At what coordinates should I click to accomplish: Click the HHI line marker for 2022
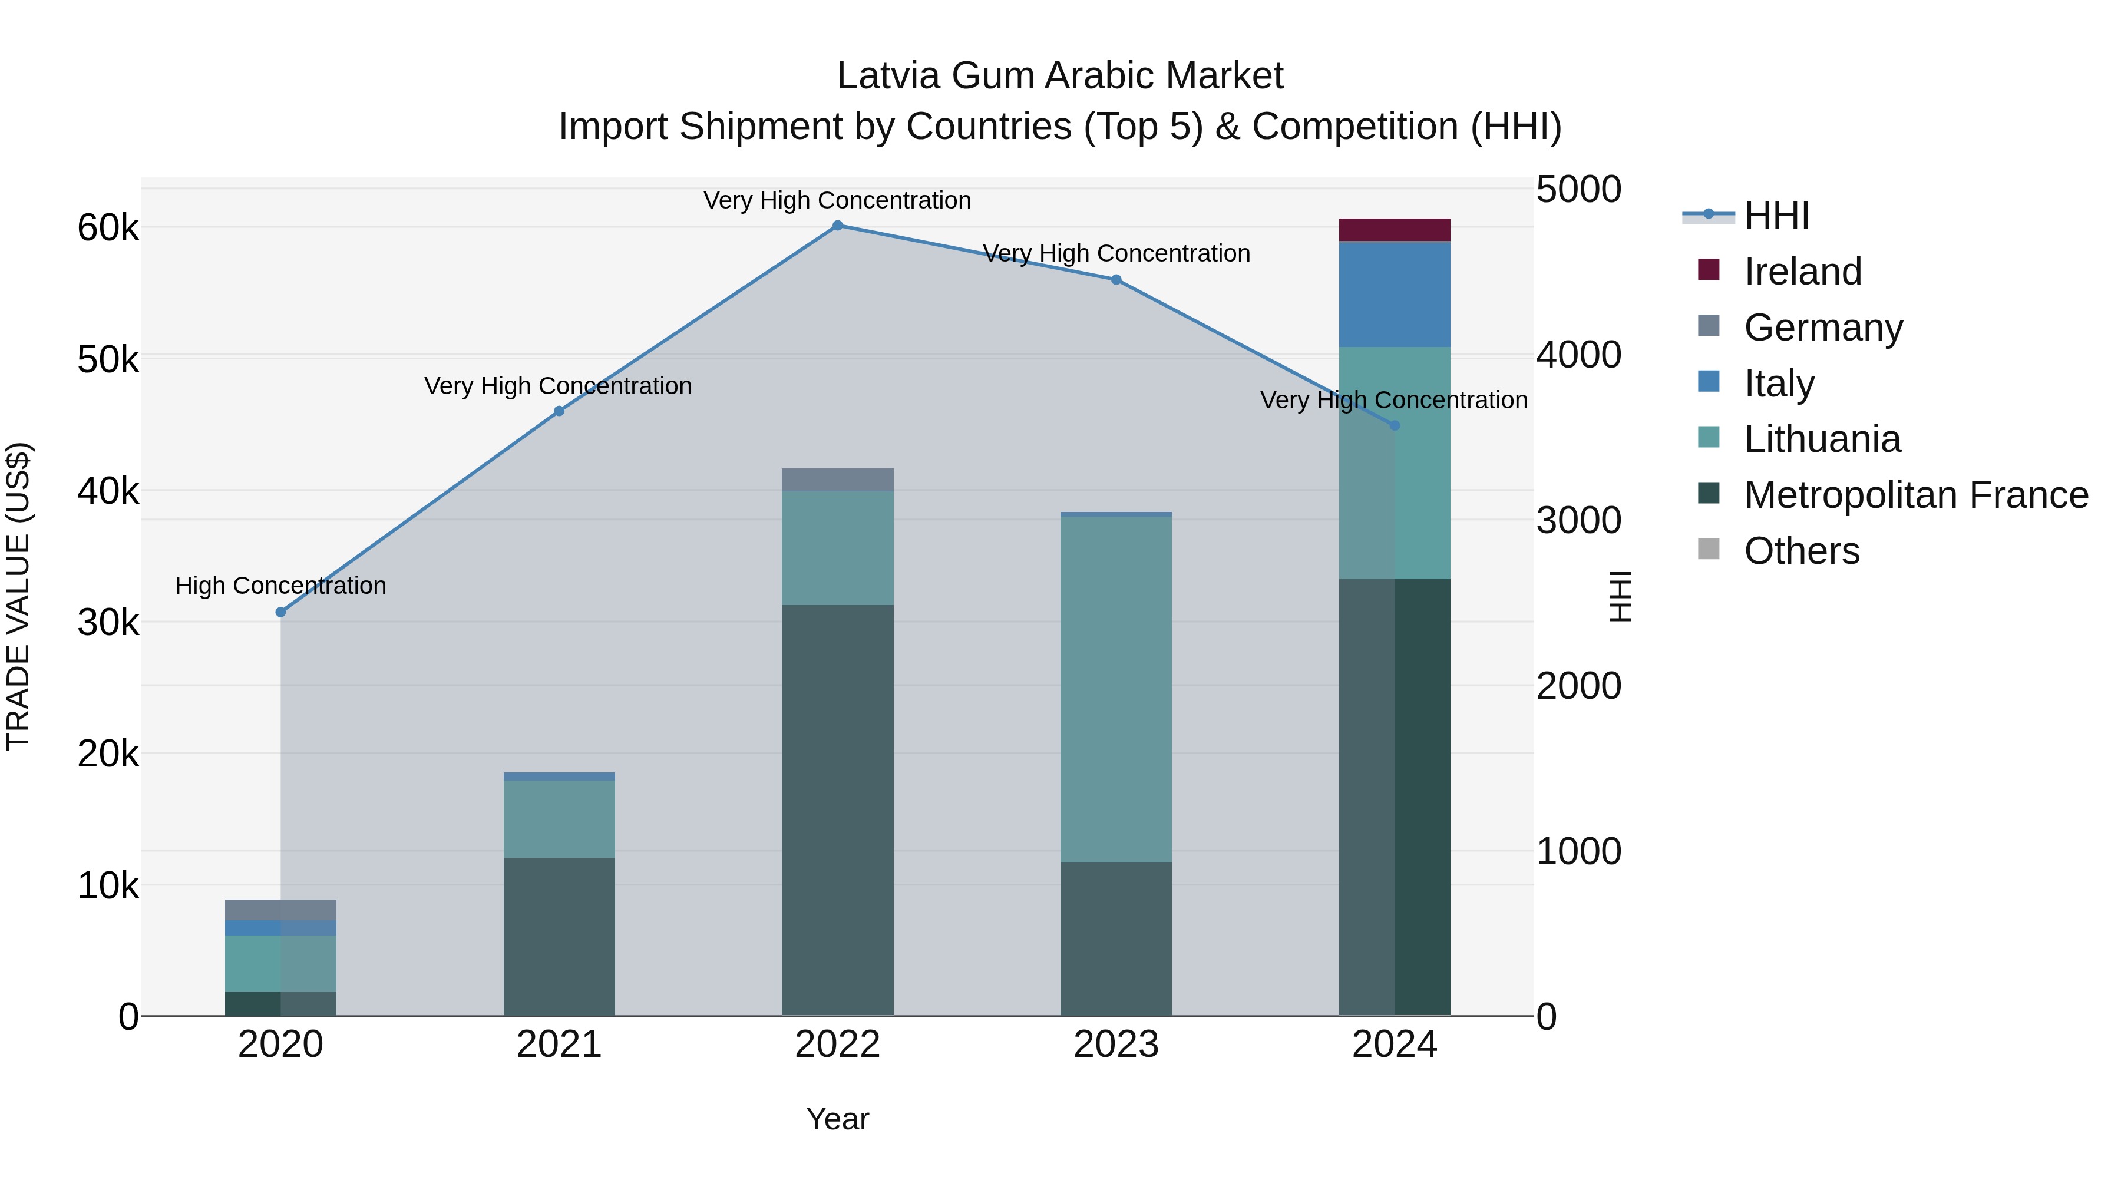point(837,226)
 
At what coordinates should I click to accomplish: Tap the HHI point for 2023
point(1116,280)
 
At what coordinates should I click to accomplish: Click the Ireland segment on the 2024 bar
point(1394,230)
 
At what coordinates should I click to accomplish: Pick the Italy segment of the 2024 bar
point(1394,295)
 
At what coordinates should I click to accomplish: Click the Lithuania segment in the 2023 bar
point(1116,689)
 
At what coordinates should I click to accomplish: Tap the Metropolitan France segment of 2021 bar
point(559,936)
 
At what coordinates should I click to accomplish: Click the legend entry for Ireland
point(1802,272)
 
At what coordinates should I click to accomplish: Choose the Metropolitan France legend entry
point(1915,495)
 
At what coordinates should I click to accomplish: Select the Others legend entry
point(1800,551)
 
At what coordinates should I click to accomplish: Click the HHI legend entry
point(1776,216)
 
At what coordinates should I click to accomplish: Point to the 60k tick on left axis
point(108,228)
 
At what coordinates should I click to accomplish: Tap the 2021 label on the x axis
point(559,1045)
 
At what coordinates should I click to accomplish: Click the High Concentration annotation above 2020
point(281,586)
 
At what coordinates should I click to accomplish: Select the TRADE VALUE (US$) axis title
point(18,596)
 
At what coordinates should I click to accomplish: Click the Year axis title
point(837,1119)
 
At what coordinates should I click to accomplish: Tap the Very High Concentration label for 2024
point(1393,400)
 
